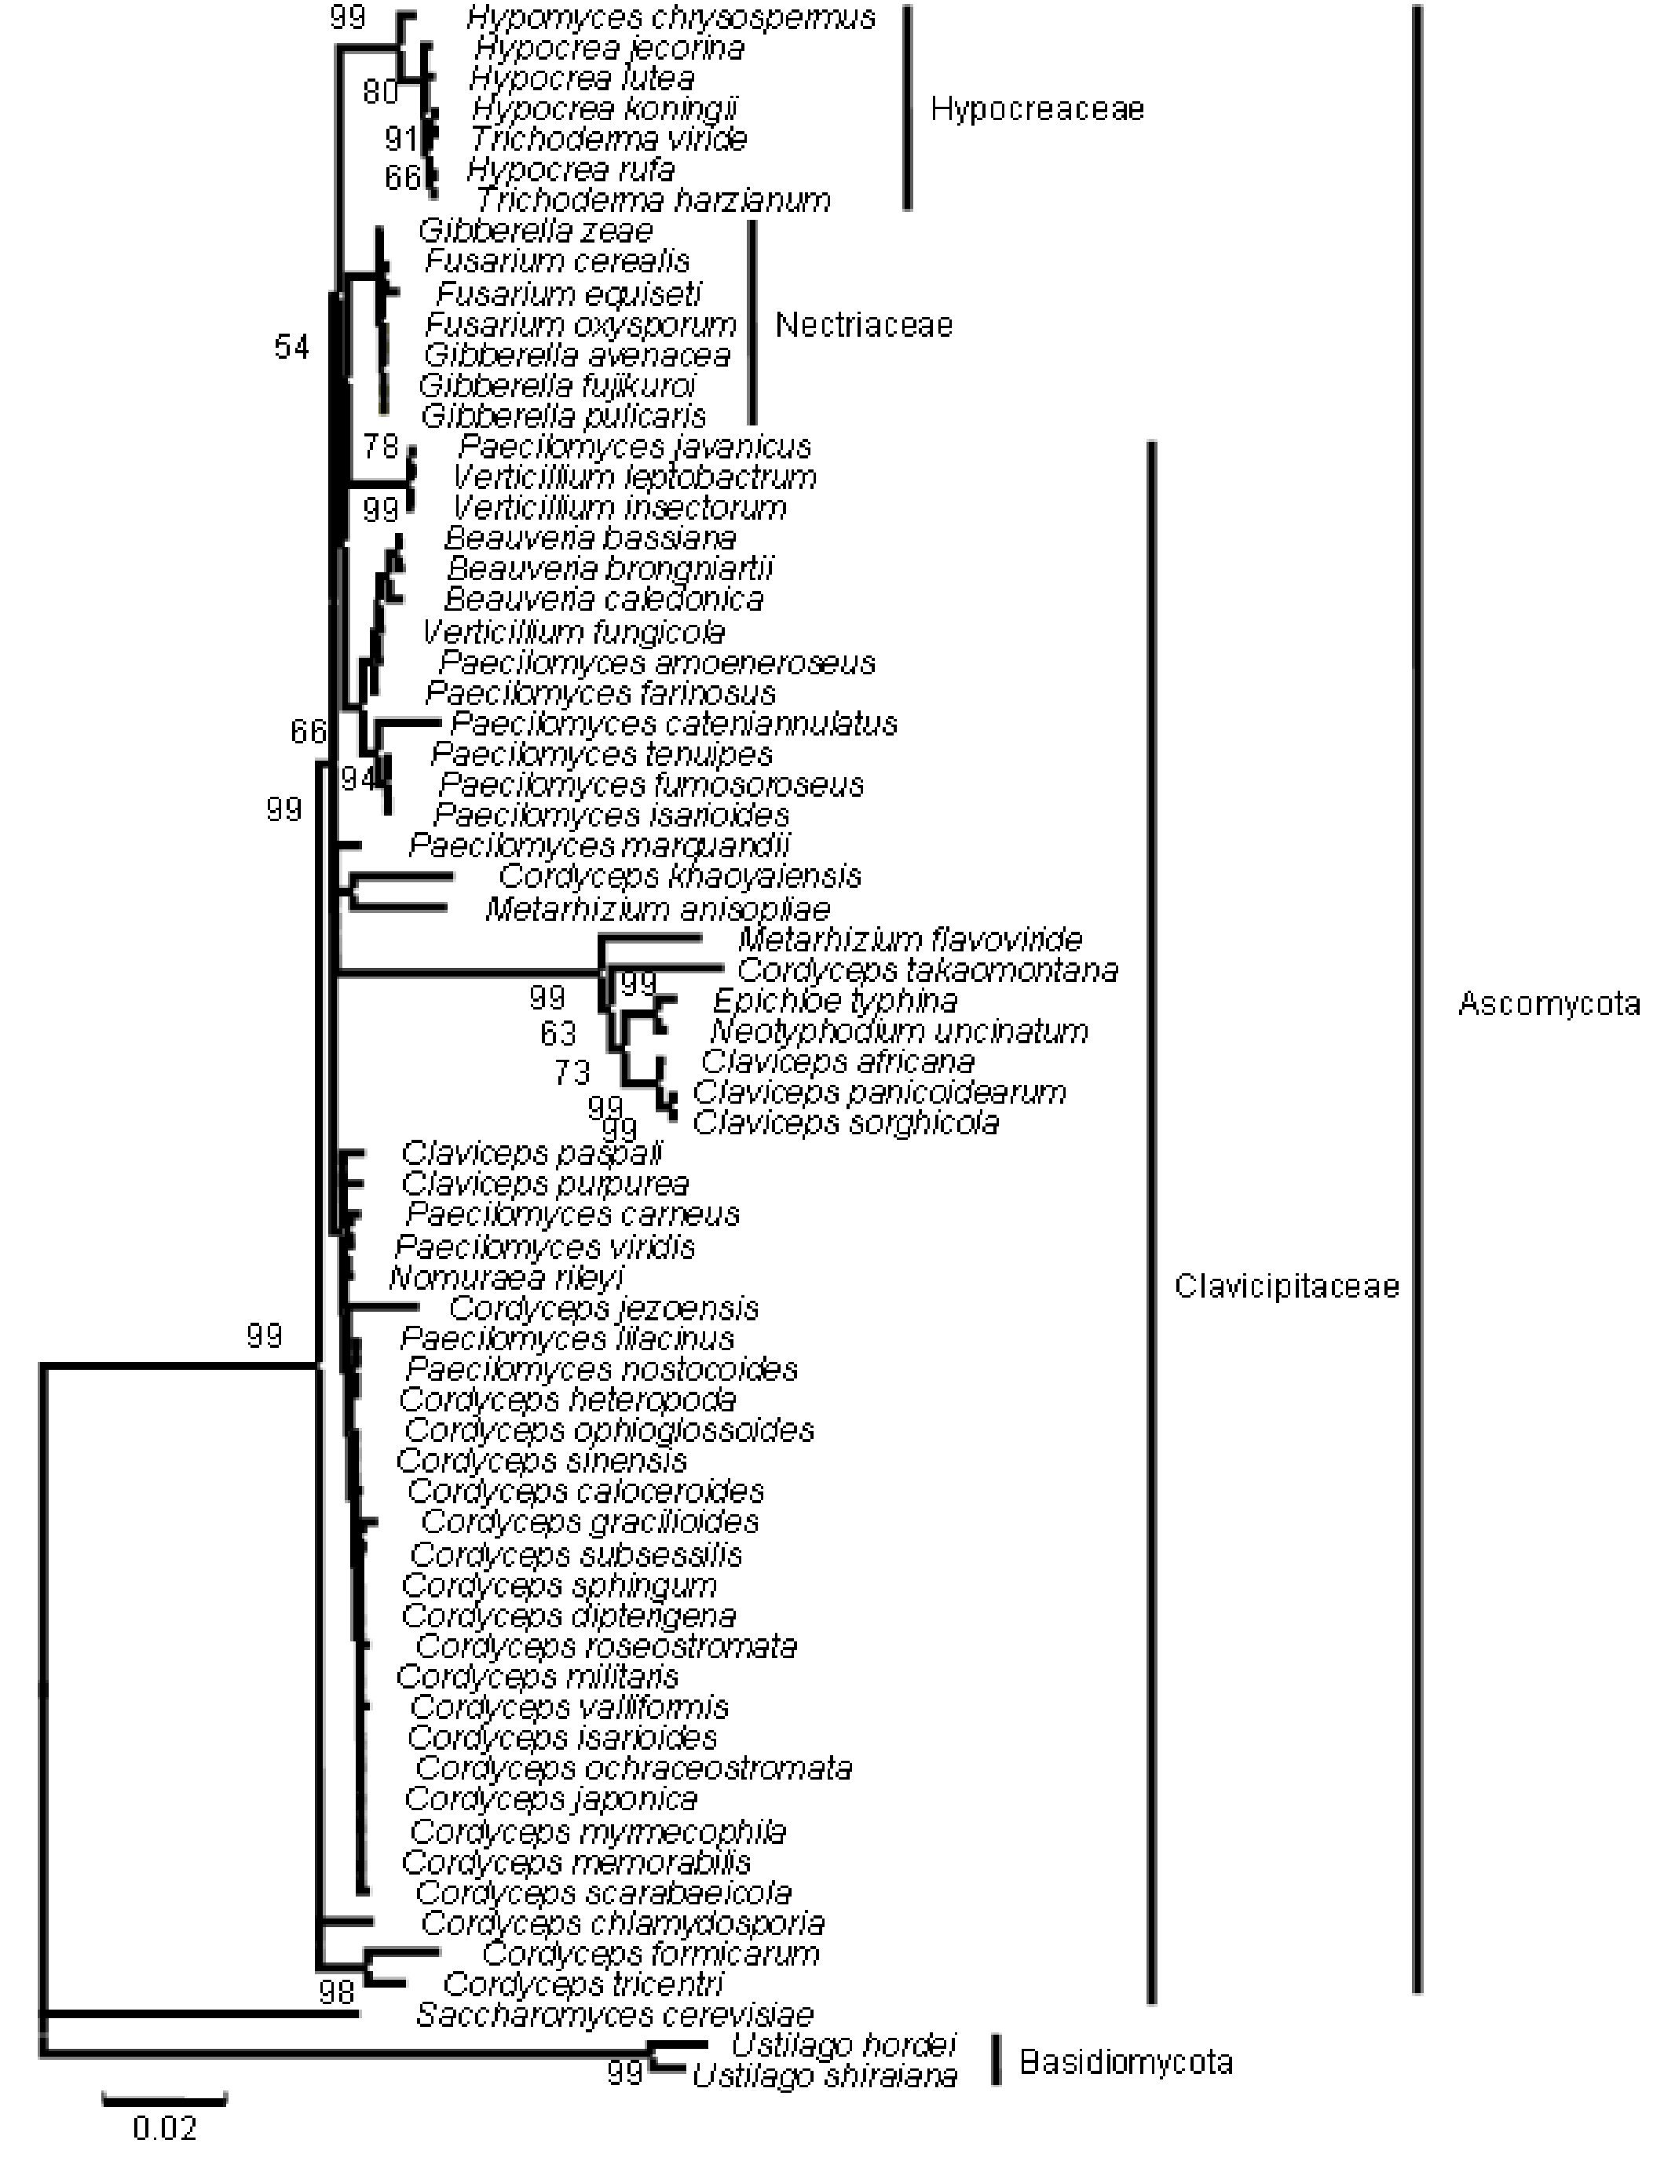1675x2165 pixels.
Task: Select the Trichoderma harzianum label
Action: [x=653, y=201]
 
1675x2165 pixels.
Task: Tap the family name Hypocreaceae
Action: [x=1037, y=109]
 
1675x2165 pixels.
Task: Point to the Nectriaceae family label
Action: [x=863, y=325]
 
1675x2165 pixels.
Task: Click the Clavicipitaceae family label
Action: [x=1286, y=1287]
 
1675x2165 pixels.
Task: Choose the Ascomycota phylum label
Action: [x=1548, y=1004]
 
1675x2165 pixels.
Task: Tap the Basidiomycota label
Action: [x=1125, y=2063]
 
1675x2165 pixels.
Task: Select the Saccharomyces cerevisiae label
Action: [x=614, y=2014]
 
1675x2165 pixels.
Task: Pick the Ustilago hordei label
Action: [x=843, y=2045]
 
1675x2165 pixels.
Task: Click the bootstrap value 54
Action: [x=291, y=347]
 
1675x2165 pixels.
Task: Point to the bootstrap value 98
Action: [x=337, y=1991]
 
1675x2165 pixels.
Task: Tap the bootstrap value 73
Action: [x=572, y=1072]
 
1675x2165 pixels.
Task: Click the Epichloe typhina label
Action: [x=835, y=1000]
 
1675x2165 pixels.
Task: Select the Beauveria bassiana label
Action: [x=590, y=539]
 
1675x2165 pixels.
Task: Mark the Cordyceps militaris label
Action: [x=537, y=1678]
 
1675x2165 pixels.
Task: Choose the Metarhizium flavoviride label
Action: [x=909, y=939]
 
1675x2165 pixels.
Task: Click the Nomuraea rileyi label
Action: [x=506, y=1277]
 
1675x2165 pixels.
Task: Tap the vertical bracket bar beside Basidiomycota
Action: [x=996, y=2061]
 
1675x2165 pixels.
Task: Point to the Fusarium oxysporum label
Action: [x=580, y=324]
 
